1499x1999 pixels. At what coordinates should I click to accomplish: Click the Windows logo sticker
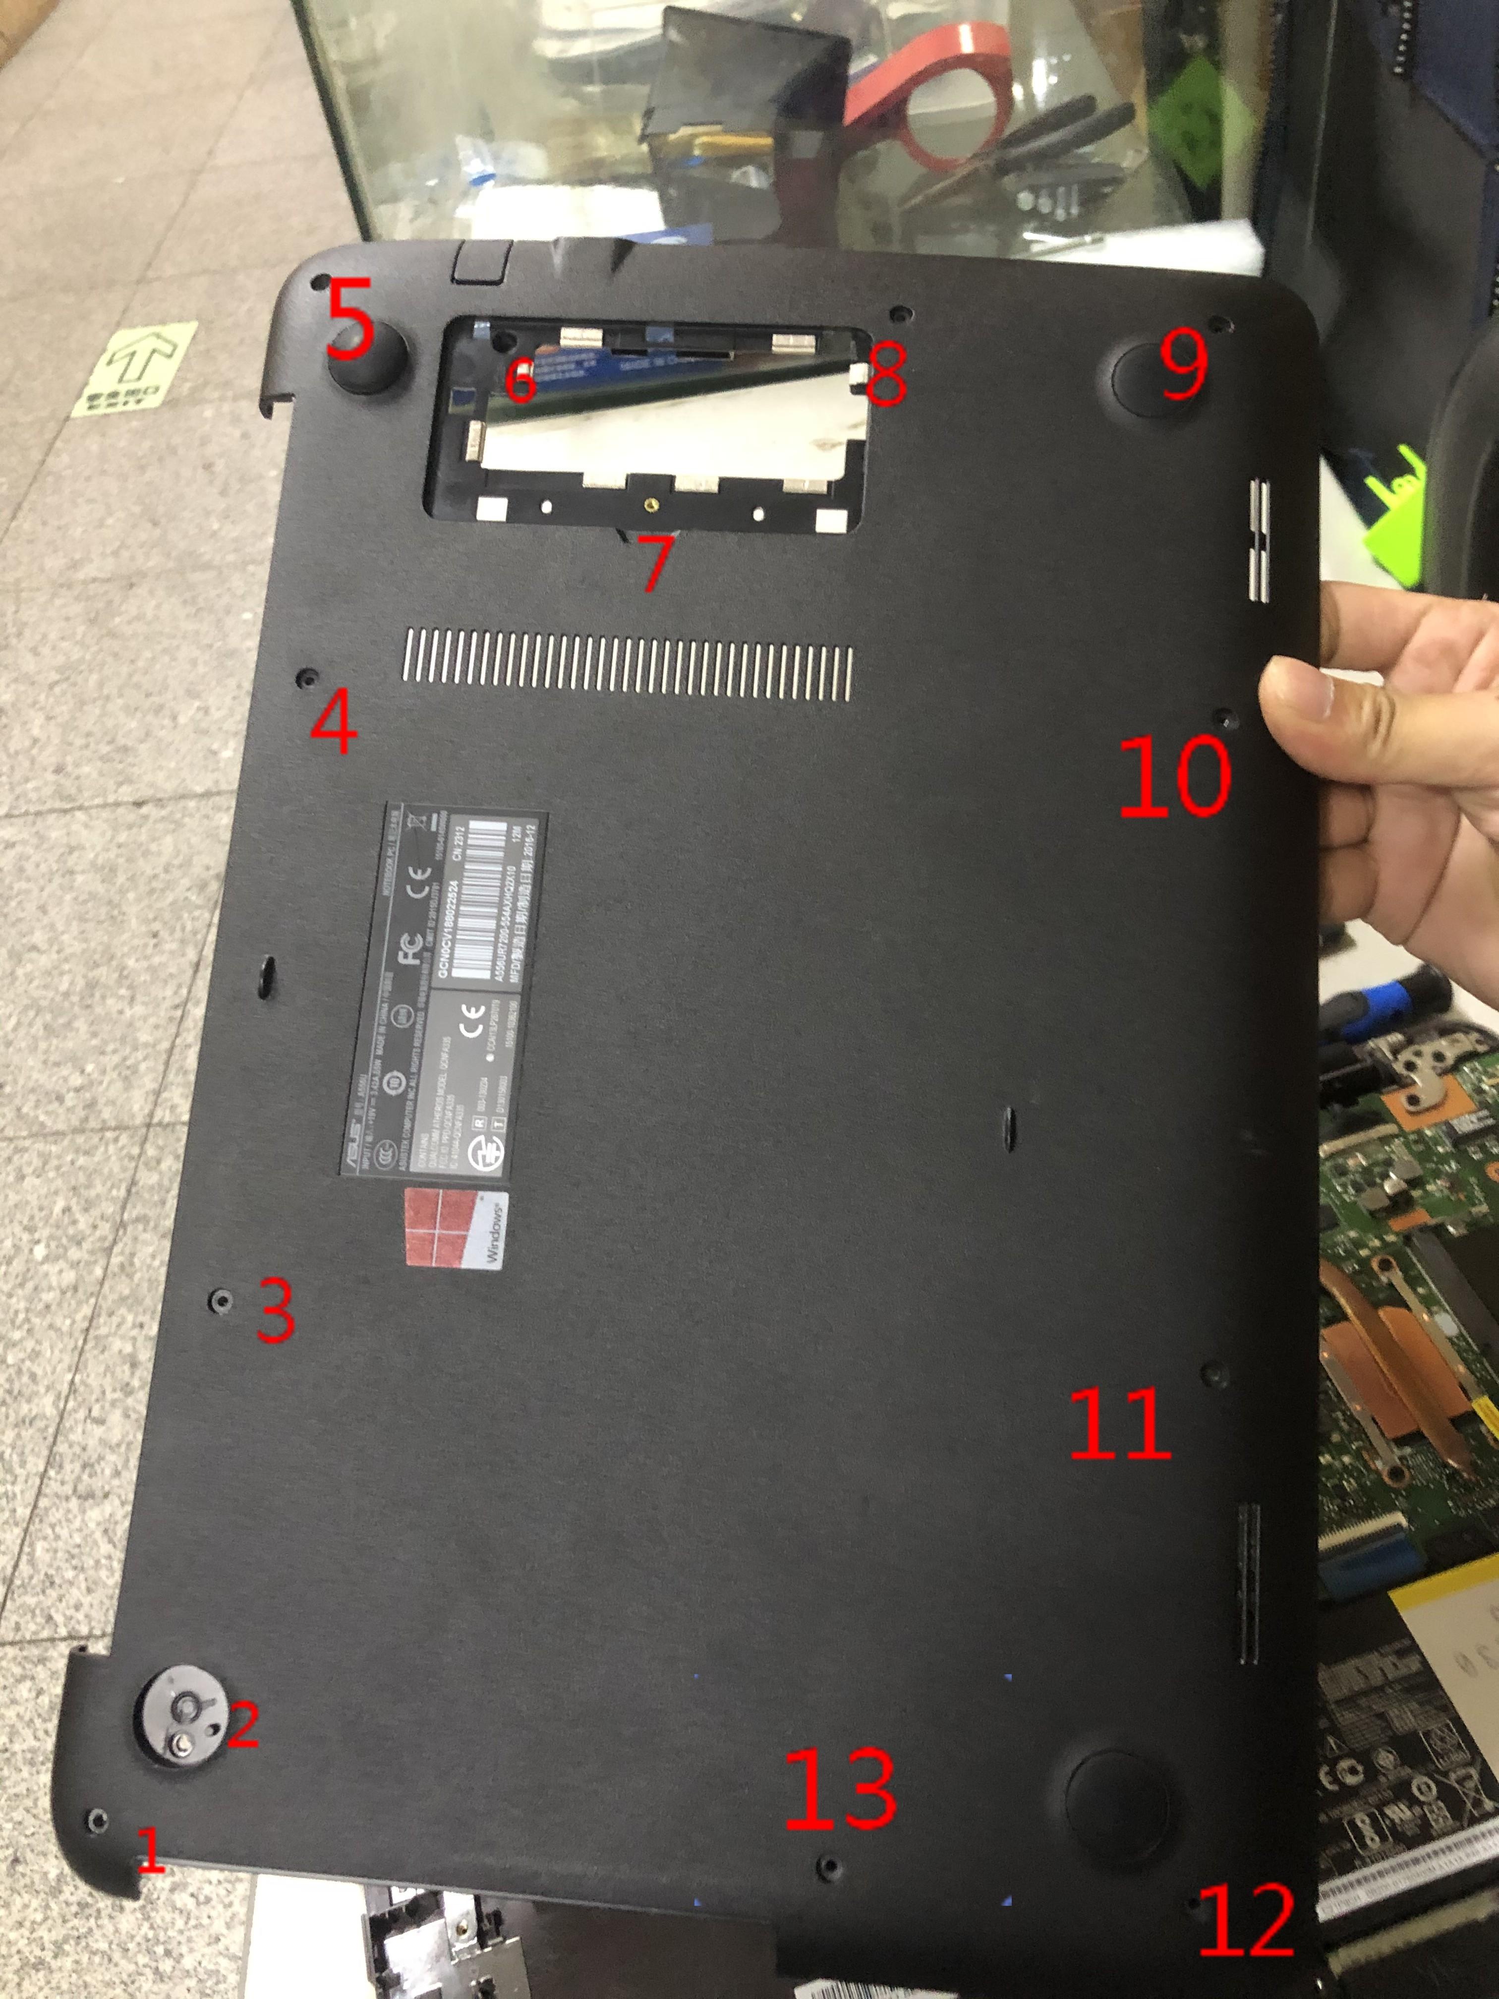click(x=457, y=1229)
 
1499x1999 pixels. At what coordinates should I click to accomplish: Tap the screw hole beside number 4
click(x=308, y=676)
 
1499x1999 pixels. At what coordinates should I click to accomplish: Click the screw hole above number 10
click(x=1226, y=718)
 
